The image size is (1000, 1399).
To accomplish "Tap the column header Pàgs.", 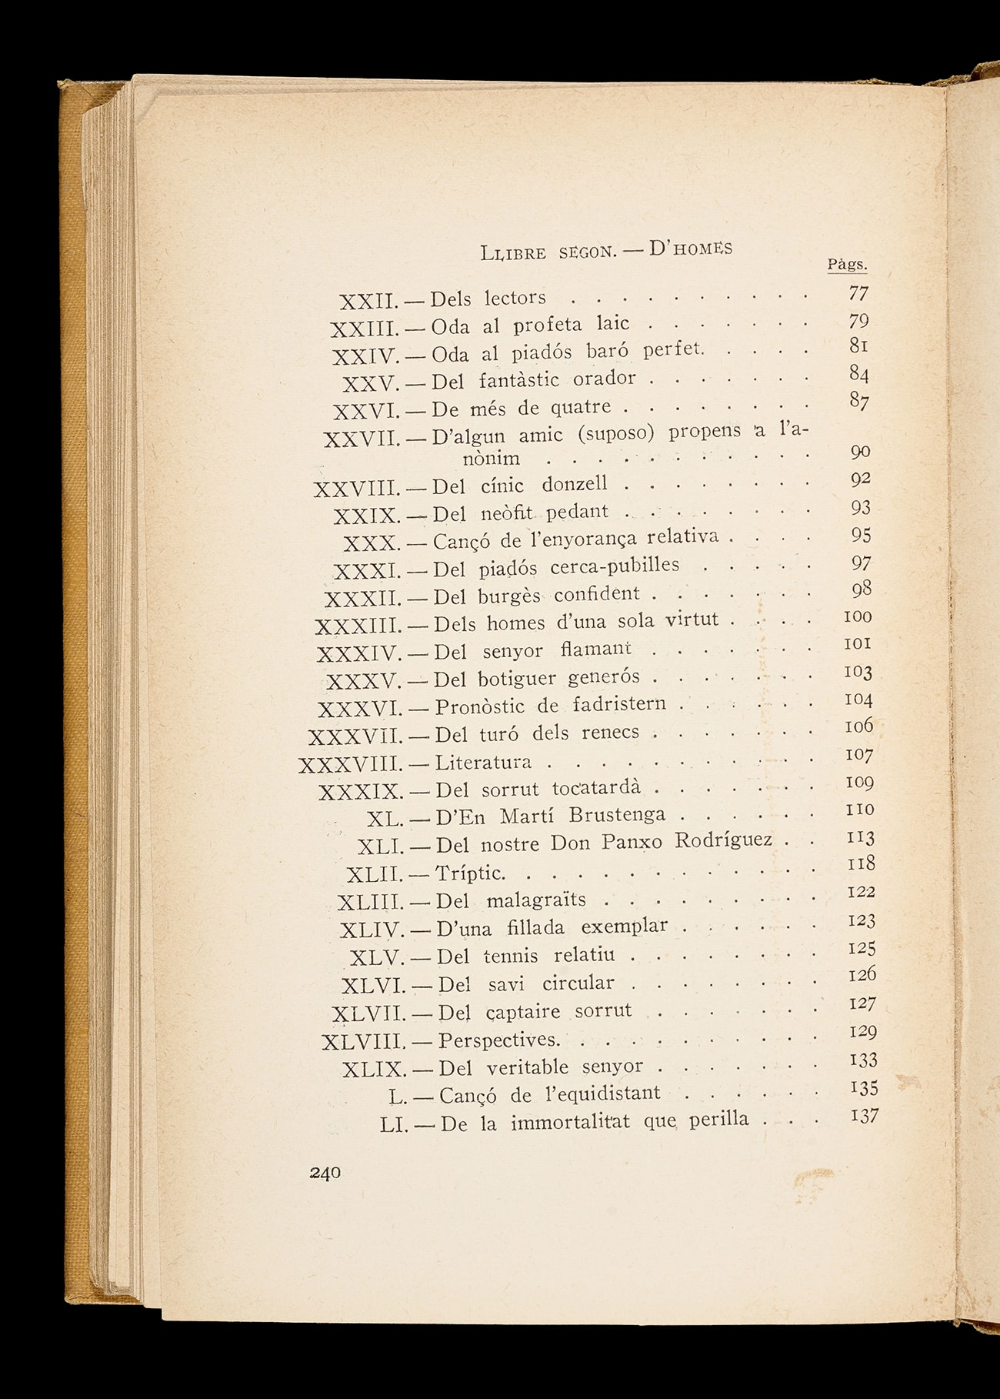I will [x=847, y=265].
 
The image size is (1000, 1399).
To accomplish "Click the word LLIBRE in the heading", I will [x=512, y=252].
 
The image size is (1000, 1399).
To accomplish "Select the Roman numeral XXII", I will [x=367, y=301].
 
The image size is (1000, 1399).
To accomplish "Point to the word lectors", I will [x=515, y=298].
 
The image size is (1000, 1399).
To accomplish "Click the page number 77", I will [x=858, y=293].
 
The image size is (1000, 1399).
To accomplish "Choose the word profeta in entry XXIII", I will [x=548, y=324].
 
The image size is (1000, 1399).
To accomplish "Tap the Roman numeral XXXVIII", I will [x=350, y=765].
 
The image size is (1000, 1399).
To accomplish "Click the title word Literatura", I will [x=483, y=763].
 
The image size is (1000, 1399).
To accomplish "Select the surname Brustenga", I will [x=617, y=815].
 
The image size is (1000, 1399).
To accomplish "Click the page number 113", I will [x=860, y=836].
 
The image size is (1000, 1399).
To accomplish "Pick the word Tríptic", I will [x=470, y=873].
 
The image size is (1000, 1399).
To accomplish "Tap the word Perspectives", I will [x=498, y=1040].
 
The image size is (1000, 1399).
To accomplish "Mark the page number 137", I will [x=864, y=1115].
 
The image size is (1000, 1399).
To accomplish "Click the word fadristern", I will [x=619, y=705].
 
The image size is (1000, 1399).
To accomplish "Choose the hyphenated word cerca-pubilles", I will [x=615, y=566].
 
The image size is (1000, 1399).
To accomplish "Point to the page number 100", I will [x=858, y=616].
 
